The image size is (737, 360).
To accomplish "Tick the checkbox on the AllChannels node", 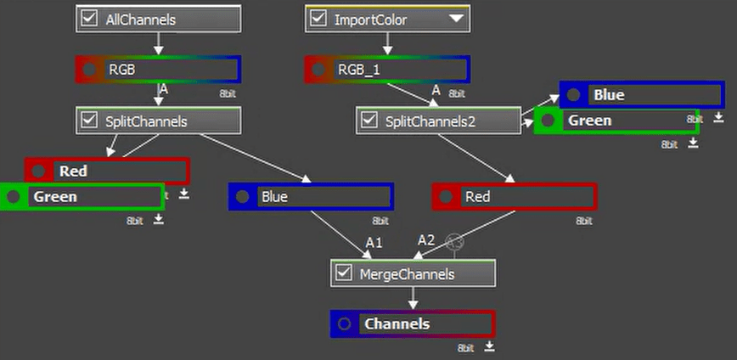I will click(x=88, y=19).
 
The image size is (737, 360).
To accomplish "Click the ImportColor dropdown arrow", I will click(x=456, y=18).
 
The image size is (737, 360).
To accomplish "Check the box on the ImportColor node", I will click(x=318, y=18).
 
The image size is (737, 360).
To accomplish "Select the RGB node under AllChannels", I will click(x=158, y=70).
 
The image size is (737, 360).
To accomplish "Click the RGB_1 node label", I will click(x=359, y=70).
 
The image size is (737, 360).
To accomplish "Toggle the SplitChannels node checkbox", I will click(x=88, y=121).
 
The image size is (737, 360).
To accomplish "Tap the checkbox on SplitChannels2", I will click(x=369, y=121).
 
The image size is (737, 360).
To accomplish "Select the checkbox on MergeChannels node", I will click(x=344, y=273).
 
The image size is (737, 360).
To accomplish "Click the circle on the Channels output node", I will click(x=344, y=324).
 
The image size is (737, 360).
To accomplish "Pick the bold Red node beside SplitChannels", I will click(x=107, y=172).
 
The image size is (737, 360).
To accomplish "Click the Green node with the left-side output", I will click(x=82, y=197).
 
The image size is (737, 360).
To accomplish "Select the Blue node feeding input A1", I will click(x=311, y=197).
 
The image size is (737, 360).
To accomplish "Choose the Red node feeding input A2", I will click(x=515, y=197).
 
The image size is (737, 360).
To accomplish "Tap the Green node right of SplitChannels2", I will click(x=616, y=121).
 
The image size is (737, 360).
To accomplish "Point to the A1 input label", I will click(x=374, y=243).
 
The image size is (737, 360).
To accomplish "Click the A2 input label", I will click(x=426, y=241).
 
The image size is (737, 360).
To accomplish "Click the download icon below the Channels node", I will click(x=489, y=347).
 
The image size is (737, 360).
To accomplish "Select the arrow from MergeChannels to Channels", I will click(x=413, y=298).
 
